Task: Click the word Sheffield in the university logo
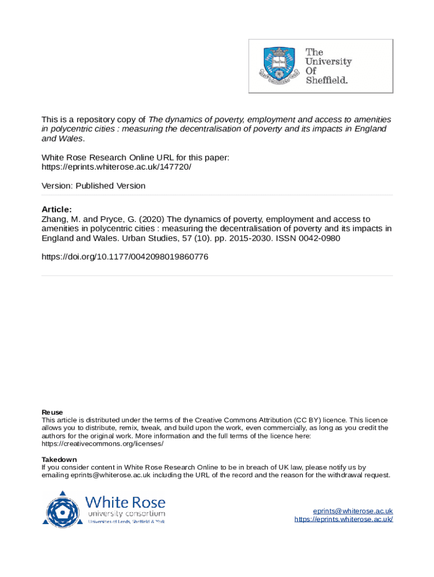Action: tap(327, 80)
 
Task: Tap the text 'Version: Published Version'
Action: tap(94, 186)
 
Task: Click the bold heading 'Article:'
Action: tap(57, 209)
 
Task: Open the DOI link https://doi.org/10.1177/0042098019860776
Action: tap(125, 257)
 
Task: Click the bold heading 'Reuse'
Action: tap(52, 412)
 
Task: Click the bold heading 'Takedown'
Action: tap(59, 459)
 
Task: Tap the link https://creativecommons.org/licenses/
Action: tap(103, 443)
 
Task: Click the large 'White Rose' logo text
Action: tap(125, 501)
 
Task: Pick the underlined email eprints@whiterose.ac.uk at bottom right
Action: tap(353, 511)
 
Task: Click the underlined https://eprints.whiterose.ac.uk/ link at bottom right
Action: tap(343, 519)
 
